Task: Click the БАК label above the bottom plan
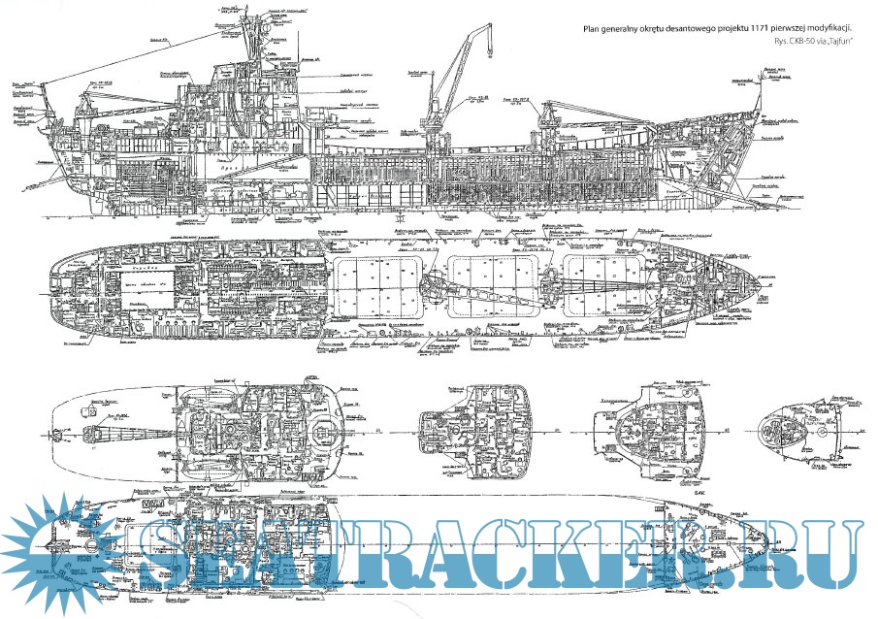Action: point(701,493)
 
